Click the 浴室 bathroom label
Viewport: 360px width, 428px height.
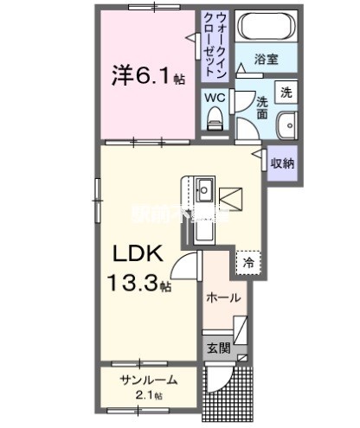tap(266, 60)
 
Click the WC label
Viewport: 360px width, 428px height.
tap(215, 97)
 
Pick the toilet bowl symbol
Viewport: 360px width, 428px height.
tap(216, 121)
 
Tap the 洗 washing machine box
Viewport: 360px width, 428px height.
tap(286, 90)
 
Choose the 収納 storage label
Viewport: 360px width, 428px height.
tap(283, 163)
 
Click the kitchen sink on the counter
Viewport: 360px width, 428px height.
tap(206, 188)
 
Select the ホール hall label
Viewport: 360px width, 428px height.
tap(223, 297)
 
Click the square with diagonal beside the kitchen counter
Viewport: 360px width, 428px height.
tap(232, 200)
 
